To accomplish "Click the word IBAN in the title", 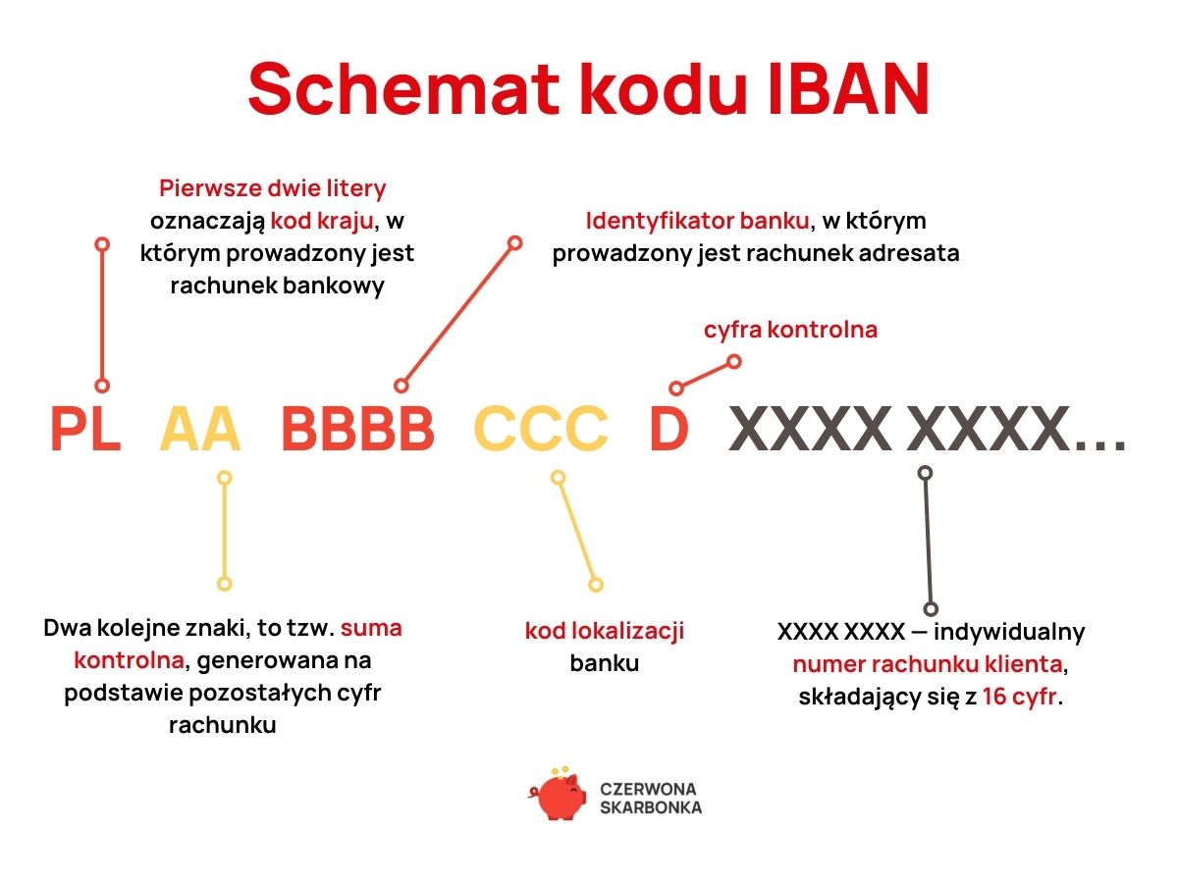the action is [848, 89].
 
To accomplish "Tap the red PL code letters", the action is [85, 429].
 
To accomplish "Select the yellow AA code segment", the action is [200, 429].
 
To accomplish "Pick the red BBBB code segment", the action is [358, 429].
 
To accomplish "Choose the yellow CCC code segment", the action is [541, 429].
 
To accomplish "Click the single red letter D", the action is [669, 429].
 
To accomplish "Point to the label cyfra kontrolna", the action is [790, 330].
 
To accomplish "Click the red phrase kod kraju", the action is [322, 221].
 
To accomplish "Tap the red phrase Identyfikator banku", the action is [697, 221].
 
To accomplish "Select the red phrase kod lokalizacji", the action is [605, 631].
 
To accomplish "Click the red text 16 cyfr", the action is [1020, 697].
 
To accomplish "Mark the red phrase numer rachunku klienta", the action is [928, 664].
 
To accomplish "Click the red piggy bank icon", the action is [558, 794].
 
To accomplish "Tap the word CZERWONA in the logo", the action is [648, 789].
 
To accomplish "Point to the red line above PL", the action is [102, 315].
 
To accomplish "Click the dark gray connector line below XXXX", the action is [928, 541].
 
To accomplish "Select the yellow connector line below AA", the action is [225, 531].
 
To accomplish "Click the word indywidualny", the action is [1009, 632].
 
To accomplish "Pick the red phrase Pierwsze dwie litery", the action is [273, 188].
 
